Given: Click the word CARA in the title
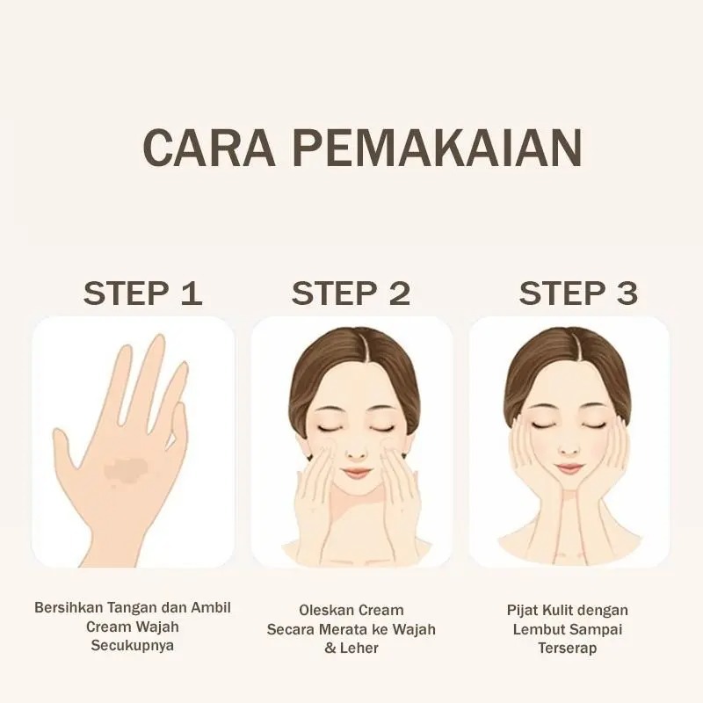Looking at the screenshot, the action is click(209, 149).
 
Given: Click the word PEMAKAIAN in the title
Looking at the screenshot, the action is click(437, 149).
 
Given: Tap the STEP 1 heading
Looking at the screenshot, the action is click(142, 294).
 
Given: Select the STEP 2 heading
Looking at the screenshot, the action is click(351, 294).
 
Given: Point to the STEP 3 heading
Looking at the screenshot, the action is click(578, 294).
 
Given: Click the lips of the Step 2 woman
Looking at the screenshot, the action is click(356, 472).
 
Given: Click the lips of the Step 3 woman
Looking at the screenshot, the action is click(569, 468).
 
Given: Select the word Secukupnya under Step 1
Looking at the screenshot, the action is click(133, 646).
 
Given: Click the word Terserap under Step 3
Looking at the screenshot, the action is click(567, 649).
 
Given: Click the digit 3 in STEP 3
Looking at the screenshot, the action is click(627, 294).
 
